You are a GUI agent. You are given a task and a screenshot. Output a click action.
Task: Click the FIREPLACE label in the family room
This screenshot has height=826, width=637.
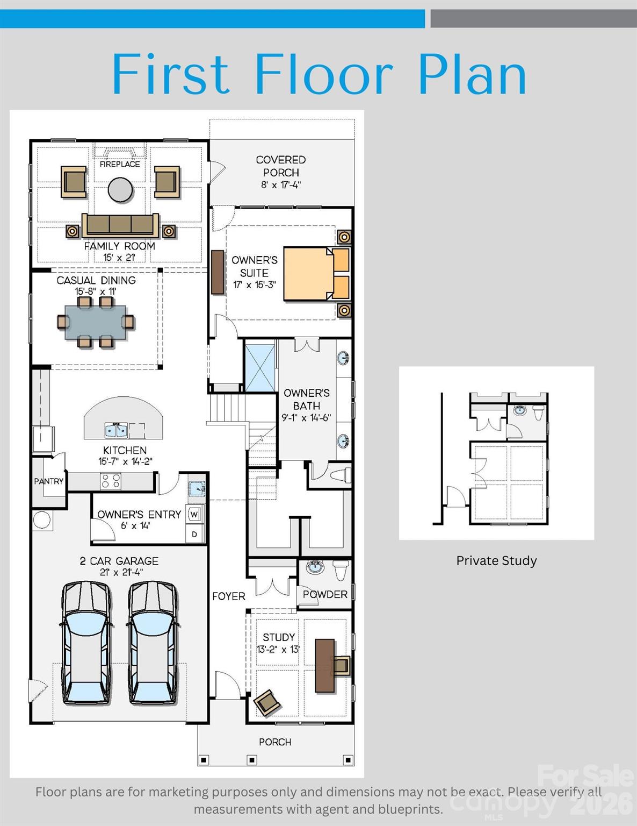(120, 164)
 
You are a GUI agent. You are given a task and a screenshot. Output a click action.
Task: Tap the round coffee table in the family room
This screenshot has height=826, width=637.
(120, 190)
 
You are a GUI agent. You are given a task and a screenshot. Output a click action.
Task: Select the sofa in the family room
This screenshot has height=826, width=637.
(120, 225)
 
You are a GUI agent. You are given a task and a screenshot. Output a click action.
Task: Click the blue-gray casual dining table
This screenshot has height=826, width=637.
(96, 322)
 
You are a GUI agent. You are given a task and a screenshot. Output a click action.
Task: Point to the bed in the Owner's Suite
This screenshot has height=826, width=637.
(316, 274)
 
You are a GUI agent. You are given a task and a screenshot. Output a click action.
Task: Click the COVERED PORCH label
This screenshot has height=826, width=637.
(281, 166)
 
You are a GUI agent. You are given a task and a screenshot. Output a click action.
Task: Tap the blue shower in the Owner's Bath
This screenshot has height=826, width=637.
(260, 368)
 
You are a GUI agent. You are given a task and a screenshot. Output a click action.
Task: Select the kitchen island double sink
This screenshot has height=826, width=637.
(116, 431)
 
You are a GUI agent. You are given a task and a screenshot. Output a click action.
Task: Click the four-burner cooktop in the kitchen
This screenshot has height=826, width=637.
(111, 481)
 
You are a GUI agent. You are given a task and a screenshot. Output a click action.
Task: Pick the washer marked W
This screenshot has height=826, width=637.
(194, 515)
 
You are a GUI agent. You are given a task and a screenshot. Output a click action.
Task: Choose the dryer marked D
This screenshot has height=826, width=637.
(194, 534)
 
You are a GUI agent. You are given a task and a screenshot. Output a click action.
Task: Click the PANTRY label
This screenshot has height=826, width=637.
(48, 481)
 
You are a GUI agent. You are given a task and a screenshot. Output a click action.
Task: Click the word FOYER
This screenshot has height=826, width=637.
(228, 596)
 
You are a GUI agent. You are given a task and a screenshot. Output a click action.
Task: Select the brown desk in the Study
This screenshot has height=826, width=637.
(325, 666)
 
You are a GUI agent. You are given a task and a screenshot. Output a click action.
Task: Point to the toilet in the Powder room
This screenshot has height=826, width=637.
(341, 570)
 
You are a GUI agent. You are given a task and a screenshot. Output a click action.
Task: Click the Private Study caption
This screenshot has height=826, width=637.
(496, 561)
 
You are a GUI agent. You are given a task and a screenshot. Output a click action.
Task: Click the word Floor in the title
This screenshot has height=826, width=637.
(324, 73)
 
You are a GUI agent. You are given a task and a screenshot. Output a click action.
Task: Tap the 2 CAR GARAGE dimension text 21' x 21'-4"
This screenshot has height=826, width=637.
(121, 572)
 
